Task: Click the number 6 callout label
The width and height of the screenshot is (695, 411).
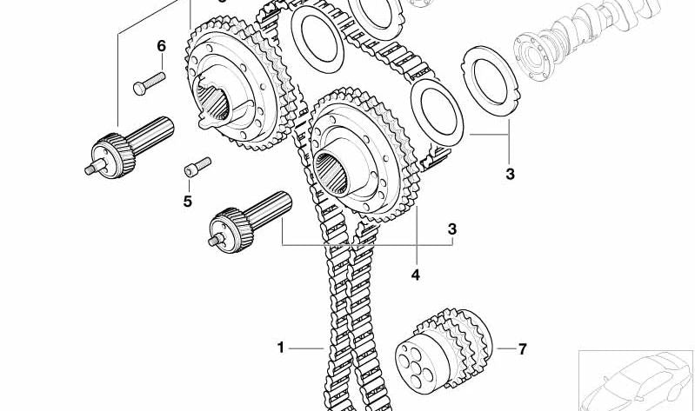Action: pos(161,45)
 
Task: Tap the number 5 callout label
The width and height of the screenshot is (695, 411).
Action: pos(187,202)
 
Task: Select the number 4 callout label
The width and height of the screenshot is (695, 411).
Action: pos(415,275)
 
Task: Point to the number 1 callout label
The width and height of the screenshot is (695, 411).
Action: pos(281,348)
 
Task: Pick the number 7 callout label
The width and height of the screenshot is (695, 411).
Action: pos(522,349)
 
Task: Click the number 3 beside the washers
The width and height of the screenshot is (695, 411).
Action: pos(510,174)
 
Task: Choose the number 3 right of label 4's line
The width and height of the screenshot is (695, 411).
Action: pos(451,229)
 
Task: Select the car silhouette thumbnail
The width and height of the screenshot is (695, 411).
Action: pos(636,379)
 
